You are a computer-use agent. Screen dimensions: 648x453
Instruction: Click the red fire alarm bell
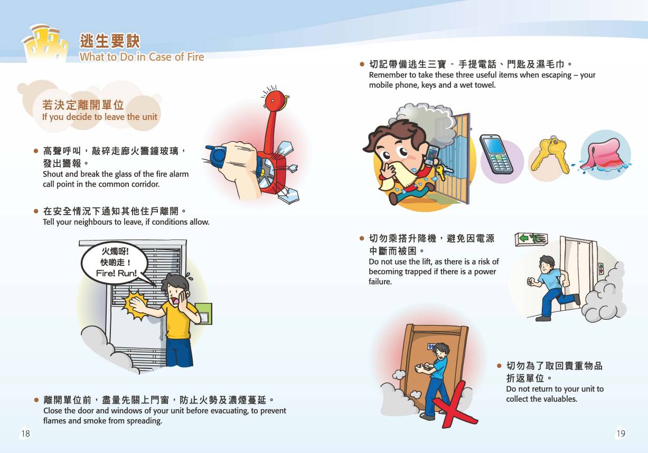pos(275,100)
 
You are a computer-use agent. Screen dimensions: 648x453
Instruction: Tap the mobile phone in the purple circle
pos(496,154)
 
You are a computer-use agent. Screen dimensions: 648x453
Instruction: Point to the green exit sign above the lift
pos(531,239)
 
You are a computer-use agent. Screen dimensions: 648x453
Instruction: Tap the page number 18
pos(25,433)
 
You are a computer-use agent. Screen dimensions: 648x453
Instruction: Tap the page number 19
pos(621,433)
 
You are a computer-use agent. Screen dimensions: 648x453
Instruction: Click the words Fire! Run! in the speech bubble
pos(116,273)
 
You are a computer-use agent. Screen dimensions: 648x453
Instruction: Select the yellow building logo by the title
pos(46,43)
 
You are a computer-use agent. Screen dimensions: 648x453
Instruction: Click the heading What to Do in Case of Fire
pos(142,57)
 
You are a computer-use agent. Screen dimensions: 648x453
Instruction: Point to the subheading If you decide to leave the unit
pos(99,117)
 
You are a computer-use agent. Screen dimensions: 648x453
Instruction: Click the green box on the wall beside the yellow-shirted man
pos(204,314)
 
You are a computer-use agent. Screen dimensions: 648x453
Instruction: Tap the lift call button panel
pos(601,269)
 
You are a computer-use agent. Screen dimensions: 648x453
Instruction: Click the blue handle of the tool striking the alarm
pos(217,156)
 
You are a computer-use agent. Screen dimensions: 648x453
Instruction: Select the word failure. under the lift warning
pos(380,281)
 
